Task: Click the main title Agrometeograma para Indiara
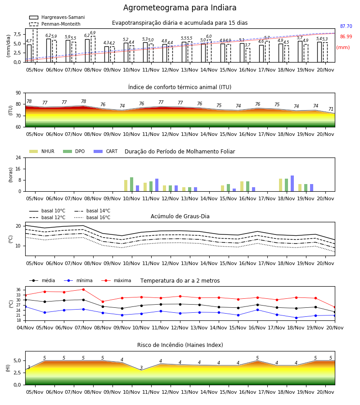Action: pos(180,8)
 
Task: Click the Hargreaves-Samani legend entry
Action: pos(57,17)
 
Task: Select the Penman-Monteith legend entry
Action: pos(55,24)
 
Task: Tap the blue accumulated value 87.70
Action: pos(346,27)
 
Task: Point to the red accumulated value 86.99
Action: pos(346,37)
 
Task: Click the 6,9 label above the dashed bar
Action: pos(93,33)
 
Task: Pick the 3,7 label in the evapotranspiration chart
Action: pos(247,45)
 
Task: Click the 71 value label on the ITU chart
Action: pos(331,109)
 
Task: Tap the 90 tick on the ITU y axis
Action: pos(18,93)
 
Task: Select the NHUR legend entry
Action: pos(42,151)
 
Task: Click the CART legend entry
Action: pos(106,151)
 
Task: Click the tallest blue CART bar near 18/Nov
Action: pos(292,184)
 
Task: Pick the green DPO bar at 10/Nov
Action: pos(132,184)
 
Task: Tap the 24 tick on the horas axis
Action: pos(18,158)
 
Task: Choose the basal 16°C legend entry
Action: pos(92,217)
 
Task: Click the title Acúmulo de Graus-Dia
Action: pos(180,216)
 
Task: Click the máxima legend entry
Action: pos(116,280)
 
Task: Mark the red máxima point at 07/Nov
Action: pos(83,289)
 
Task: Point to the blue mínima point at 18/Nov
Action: pos(296,318)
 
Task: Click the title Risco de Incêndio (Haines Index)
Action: pos(180,345)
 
